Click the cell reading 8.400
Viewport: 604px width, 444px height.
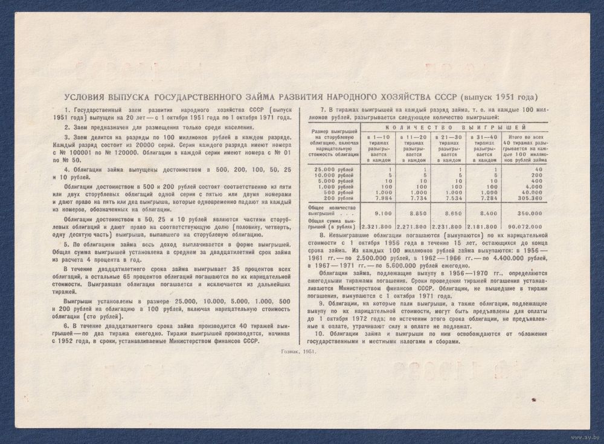[x=485, y=213]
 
